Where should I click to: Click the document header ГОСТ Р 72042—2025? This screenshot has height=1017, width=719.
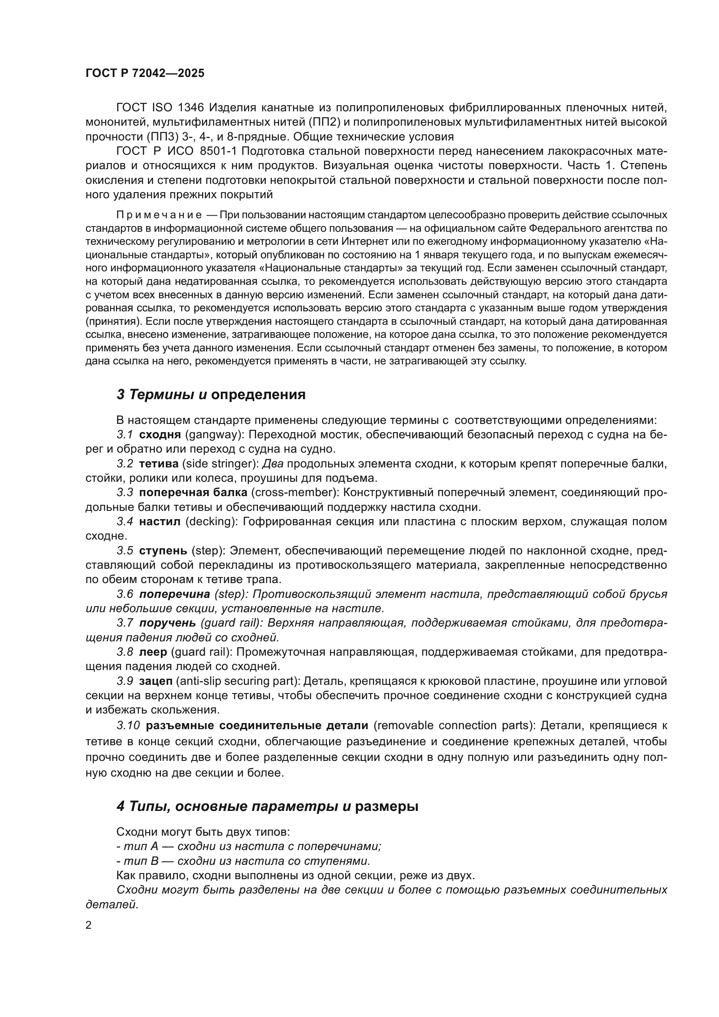[145, 73]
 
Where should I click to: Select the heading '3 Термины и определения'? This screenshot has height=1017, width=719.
[211, 395]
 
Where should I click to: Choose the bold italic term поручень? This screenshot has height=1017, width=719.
[167, 623]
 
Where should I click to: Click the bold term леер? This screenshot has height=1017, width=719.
[153, 652]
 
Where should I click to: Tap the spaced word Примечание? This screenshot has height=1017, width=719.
[159, 215]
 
